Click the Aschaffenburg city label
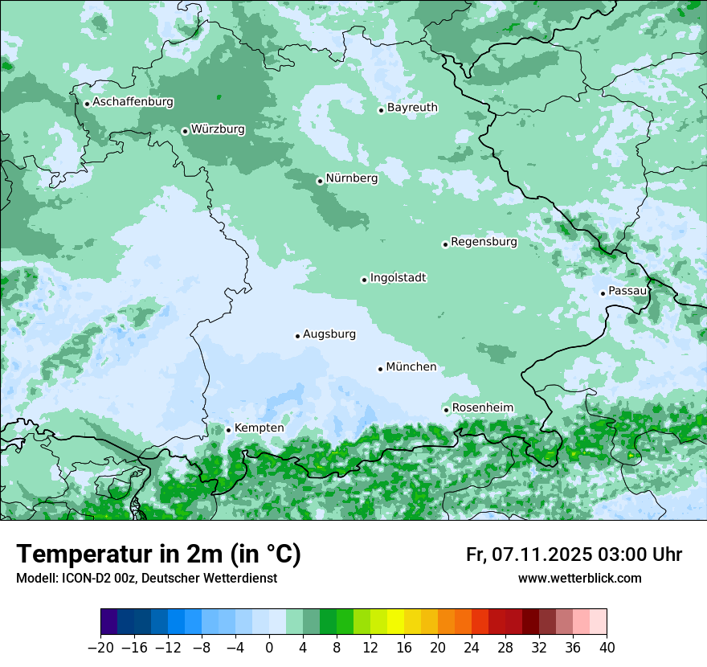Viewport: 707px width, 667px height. coord(133,102)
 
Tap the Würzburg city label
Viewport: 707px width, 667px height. coord(218,129)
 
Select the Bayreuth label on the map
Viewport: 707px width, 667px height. coord(412,108)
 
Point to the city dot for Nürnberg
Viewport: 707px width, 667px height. coord(320,181)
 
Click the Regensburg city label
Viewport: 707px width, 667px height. coord(484,242)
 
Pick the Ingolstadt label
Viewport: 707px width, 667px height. coord(398,278)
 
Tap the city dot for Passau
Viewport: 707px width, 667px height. coord(603,293)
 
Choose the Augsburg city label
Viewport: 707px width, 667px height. coord(329,334)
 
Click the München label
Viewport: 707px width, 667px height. coord(411,367)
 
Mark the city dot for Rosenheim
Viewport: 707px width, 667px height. coord(446,410)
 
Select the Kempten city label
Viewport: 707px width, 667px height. coord(259,428)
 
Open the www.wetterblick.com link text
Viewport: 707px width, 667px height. coord(579,578)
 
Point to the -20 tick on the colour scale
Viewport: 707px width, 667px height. coord(100,648)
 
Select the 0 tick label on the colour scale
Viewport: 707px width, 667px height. coord(269,648)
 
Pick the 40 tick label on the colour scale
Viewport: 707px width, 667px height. coord(607,648)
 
